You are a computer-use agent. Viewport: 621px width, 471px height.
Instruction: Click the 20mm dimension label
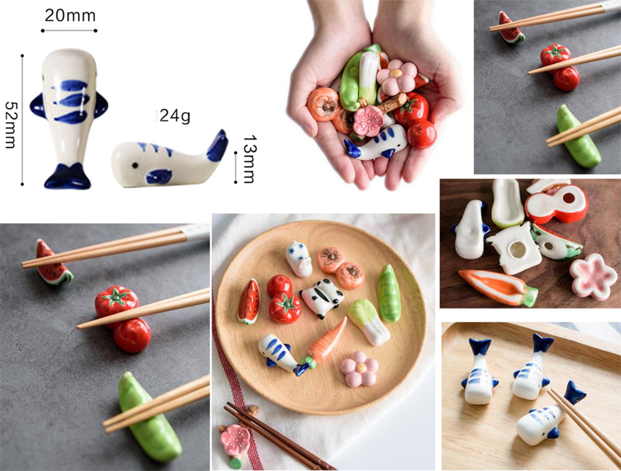click(70, 15)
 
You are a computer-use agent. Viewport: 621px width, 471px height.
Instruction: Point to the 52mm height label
click(10, 125)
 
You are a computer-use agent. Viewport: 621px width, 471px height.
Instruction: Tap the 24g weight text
click(175, 117)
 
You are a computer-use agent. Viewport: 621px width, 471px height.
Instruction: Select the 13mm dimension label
click(249, 159)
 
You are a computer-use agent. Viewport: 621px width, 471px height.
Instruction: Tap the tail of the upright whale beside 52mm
click(68, 177)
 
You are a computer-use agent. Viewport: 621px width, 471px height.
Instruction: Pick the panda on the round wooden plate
click(322, 297)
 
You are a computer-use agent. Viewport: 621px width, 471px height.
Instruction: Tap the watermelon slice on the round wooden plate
click(249, 302)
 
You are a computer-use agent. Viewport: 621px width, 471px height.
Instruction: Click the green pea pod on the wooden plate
click(390, 293)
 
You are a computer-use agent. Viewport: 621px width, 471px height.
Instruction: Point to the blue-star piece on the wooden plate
click(298, 258)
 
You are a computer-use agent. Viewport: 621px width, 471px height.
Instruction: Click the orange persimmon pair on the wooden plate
click(341, 267)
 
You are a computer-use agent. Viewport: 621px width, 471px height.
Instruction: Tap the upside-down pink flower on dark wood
click(593, 275)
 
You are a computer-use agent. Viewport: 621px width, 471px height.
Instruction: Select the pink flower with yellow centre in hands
click(396, 76)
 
